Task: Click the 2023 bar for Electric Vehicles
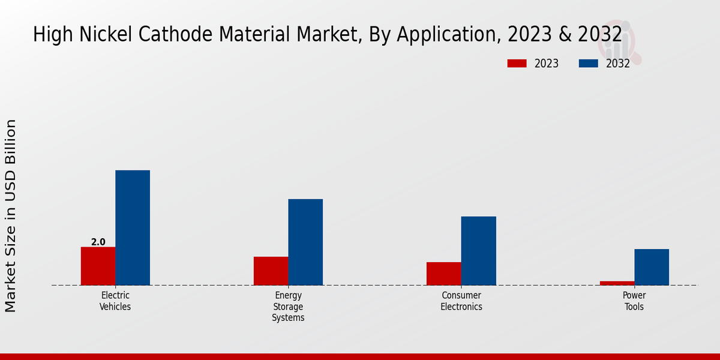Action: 98,266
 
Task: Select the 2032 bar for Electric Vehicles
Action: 133,227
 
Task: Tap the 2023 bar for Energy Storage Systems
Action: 271,271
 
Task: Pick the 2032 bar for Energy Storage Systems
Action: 305,242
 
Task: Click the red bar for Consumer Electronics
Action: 443,274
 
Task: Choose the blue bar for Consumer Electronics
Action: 478,250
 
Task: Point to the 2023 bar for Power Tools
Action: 617,283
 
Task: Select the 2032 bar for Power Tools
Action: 652,267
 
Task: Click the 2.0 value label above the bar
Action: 98,242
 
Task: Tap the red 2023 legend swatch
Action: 517,64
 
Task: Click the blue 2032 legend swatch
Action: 588,64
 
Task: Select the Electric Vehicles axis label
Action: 115,301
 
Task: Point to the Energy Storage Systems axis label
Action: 288,307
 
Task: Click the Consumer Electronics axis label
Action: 461,301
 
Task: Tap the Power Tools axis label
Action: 634,301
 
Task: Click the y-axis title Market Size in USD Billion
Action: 11,215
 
